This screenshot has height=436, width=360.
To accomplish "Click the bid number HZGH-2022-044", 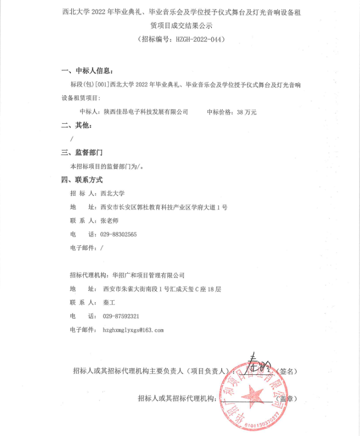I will (197, 39).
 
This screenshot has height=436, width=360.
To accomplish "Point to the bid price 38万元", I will (246, 112).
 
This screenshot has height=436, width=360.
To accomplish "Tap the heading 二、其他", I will (77, 125).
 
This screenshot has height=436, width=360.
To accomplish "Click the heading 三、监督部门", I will (82, 153).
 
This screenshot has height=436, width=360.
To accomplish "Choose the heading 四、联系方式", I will (82, 180).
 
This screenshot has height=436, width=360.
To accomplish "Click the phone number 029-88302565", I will (119, 234).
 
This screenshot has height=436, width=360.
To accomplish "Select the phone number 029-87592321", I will (121, 316).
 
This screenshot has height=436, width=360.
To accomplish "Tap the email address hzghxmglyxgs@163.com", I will (133, 330).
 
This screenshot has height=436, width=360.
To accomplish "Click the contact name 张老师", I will (109, 221).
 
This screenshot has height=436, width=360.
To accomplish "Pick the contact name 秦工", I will (109, 302).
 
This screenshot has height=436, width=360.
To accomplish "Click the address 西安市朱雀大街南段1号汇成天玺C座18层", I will (162, 289).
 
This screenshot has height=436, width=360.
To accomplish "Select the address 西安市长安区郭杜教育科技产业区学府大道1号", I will (164, 207).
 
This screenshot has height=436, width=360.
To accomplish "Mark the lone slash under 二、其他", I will (72, 139).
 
